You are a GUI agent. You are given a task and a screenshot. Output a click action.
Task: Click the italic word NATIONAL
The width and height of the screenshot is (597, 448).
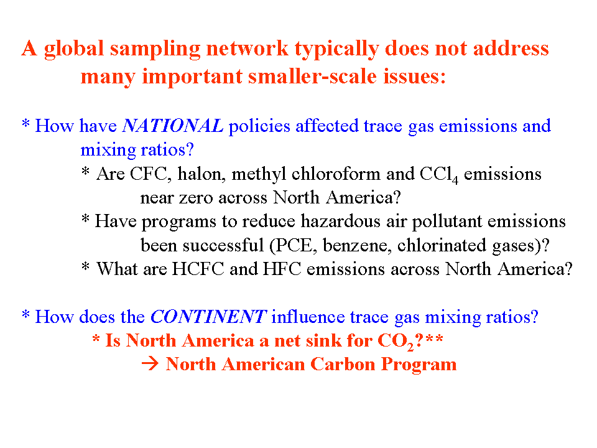point(172,126)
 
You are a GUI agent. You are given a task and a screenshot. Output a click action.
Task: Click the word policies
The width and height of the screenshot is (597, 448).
point(259,126)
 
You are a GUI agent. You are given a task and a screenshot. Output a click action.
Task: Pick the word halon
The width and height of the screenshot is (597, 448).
point(199,174)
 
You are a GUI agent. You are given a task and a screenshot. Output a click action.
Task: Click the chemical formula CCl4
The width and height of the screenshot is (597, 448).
point(438,175)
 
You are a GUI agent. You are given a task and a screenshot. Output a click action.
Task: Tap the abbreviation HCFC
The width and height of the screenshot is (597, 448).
point(198,269)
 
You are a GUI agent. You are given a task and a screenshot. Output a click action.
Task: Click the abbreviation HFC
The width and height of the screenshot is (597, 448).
point(282,269)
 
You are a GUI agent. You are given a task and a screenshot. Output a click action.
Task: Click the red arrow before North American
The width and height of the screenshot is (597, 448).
point(150,364)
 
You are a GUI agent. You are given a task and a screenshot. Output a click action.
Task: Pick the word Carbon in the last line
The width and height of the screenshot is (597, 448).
point(343,364)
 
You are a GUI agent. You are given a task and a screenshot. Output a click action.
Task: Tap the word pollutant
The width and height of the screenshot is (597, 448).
point(447,222)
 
